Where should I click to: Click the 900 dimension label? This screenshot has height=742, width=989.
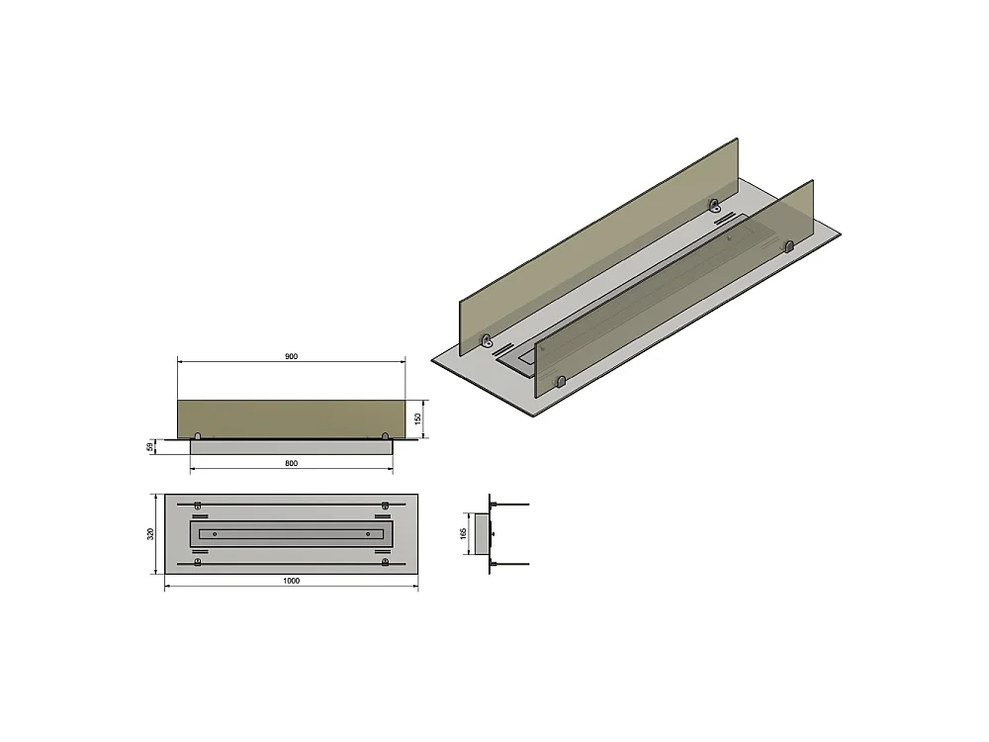[291, 356]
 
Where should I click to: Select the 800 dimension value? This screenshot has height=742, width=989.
[291, 463]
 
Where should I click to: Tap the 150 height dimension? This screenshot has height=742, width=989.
[418, 418]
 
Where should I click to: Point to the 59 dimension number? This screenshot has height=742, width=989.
[150, 447]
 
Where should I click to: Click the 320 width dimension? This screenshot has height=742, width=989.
[150, 533]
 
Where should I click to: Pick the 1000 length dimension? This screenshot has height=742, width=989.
[291, 581]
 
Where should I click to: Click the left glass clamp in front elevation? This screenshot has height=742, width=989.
[198, 435]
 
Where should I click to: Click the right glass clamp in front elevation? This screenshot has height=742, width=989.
[385, 435]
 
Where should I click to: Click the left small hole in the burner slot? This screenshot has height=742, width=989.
[215, 533]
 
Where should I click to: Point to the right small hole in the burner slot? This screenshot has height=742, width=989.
[368, 533]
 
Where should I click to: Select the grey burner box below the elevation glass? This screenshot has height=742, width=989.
[291, 447]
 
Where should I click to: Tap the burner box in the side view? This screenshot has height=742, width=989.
[482, 533]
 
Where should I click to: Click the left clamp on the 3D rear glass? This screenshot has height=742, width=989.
[486, 341]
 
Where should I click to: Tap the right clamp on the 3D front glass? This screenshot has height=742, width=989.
[789, 245]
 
